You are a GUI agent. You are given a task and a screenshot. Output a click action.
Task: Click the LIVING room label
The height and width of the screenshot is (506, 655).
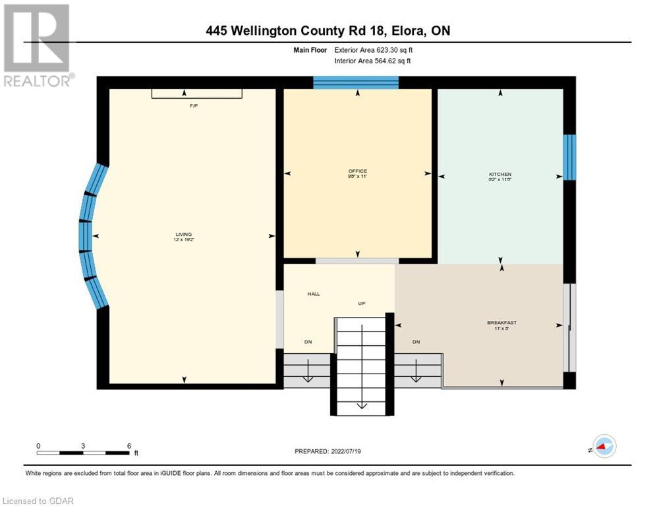(183, 237)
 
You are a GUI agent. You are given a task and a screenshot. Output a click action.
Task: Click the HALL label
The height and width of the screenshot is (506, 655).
(313, 294)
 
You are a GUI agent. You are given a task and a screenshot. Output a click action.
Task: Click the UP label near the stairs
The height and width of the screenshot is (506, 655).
(362, 303)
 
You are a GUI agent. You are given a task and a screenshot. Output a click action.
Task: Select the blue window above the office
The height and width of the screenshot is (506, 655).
(356, 82)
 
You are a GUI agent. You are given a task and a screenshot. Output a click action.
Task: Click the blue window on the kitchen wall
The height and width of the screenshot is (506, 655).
(569, 157)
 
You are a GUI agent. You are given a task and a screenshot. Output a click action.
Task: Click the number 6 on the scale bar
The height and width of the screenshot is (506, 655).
(128, 445)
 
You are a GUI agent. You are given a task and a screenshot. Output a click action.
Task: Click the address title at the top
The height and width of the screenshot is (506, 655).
(327, 30)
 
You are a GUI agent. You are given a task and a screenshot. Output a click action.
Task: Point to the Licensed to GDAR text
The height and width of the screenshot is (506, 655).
(38, 501)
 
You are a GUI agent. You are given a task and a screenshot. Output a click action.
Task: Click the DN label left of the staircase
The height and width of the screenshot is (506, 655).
(308, 342)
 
